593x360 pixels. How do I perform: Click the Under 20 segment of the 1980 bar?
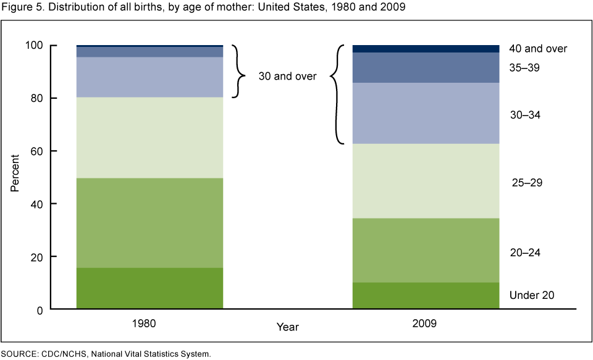149,288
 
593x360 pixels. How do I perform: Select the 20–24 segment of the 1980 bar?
149,223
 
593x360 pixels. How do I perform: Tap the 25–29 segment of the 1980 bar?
149,138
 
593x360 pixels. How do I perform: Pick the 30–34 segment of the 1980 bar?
149,77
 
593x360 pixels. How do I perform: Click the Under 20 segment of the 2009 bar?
425,296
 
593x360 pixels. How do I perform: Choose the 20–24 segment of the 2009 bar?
425,250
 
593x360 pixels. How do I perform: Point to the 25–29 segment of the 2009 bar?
425,181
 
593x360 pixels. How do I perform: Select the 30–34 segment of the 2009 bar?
425,114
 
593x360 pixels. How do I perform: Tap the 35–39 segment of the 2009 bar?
425,68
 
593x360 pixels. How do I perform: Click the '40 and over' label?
538,48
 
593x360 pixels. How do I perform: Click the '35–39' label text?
524,68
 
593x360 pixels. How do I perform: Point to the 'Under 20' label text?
531,295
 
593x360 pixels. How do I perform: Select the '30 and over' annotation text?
287,77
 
